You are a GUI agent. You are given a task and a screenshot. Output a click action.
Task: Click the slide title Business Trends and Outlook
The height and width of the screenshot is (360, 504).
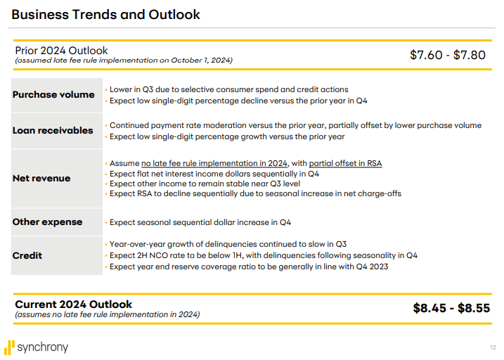(x=106, y=14)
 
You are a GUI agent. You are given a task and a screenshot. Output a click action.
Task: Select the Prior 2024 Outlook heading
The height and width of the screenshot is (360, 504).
(x=62, y=51)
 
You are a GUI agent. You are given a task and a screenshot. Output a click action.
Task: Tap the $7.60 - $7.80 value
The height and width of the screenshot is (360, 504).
(x=447, y=55)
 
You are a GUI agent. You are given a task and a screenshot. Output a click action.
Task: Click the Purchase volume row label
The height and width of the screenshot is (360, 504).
(x=53, y=95)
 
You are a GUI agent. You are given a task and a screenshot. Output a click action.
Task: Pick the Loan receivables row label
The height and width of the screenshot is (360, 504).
(x=53, y=130)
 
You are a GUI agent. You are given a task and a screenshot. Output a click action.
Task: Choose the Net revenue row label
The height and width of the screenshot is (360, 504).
(x=41, y=178)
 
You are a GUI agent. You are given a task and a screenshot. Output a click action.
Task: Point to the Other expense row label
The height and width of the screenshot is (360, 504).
(x=47, y=221)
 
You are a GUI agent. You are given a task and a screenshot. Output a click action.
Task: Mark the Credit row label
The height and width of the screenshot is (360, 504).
(x=27, y=255)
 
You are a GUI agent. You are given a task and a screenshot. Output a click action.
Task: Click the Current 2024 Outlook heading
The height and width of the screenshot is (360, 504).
(x=74, y=304)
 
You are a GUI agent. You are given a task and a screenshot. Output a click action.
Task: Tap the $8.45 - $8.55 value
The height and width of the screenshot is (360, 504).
(x=451, y=308)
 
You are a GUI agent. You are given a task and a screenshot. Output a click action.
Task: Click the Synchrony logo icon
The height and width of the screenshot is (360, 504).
(x=10, y=347)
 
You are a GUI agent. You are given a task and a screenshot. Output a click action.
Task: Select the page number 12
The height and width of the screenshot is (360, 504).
(x=492, y=347)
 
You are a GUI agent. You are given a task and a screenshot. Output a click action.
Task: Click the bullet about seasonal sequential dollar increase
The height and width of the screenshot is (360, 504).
(x=200, y=222)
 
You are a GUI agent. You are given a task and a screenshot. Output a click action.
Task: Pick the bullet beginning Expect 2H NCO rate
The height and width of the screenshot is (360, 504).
(x=263, y=255)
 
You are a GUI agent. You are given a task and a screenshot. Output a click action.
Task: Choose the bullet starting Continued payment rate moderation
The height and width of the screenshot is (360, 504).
(x=295, y=125)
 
